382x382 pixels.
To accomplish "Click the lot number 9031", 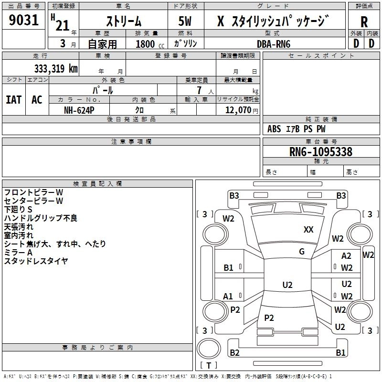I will (24, 21).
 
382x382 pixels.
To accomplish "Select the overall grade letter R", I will (364, 22).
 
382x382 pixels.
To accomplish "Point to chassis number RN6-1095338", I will (321, 152).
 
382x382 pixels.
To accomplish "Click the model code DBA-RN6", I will (274, 44).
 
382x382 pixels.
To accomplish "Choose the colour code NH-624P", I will (80, 110).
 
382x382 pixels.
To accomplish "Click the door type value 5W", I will (185, 22).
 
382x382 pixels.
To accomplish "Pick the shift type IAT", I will (13, 100).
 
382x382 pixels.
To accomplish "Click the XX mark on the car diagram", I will (308, 230).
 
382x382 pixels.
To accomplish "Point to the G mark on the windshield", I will (302, 252).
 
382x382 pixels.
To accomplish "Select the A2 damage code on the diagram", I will (346, 256).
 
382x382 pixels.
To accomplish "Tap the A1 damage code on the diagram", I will (228, 297).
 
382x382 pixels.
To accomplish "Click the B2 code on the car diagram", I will (234, 353).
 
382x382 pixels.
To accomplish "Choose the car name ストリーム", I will (123, 22).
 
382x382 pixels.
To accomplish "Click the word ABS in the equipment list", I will (274, 129).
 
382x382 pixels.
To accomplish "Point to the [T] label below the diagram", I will (208, 366).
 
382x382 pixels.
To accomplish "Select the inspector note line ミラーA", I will (18, 252).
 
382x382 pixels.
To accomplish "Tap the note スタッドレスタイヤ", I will (36, 261).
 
